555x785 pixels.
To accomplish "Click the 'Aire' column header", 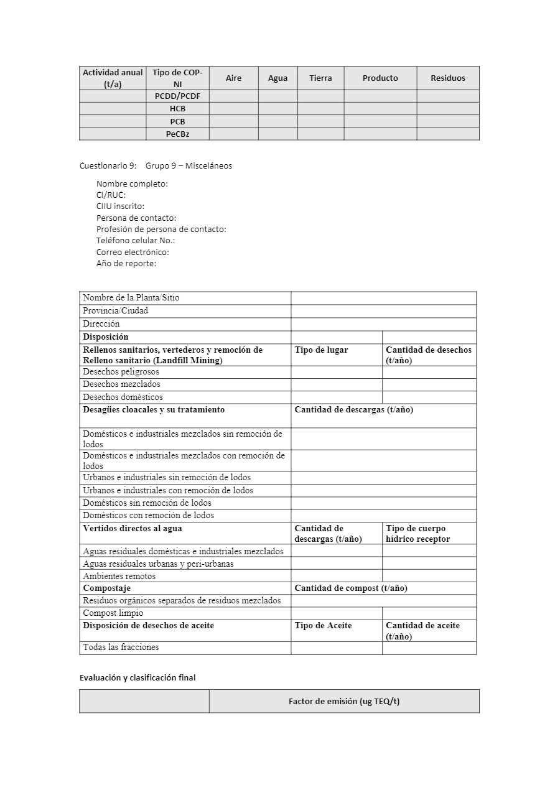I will point(233,78).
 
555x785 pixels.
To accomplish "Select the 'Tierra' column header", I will point(320,78).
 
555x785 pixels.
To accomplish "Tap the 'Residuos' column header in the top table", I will point(448,78).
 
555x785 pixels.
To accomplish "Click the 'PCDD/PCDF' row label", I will point(177,96).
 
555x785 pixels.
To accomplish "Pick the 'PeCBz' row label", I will point(177,134).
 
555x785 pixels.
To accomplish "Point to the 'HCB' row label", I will point(177,108).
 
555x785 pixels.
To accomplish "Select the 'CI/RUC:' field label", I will point(111,195).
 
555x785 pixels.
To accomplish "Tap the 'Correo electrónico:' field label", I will point(133,252).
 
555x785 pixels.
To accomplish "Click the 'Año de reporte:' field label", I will point(126,263).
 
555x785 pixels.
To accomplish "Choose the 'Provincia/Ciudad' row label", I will point(116,310).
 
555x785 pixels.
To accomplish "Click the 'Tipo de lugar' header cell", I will point(321,350).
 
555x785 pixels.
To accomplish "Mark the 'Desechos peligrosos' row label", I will point(121,371).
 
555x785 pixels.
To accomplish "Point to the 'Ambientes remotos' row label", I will point(119,576).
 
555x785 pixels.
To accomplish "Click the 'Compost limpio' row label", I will point(113,613).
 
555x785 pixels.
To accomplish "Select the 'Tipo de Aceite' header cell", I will point(323,625).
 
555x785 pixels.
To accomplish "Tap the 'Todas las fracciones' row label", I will point(121,647).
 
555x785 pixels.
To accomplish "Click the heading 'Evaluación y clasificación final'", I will point(138,677).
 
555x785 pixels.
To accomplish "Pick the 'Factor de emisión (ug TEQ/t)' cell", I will point(344,701).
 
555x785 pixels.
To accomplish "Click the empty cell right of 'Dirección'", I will point(383,323).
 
